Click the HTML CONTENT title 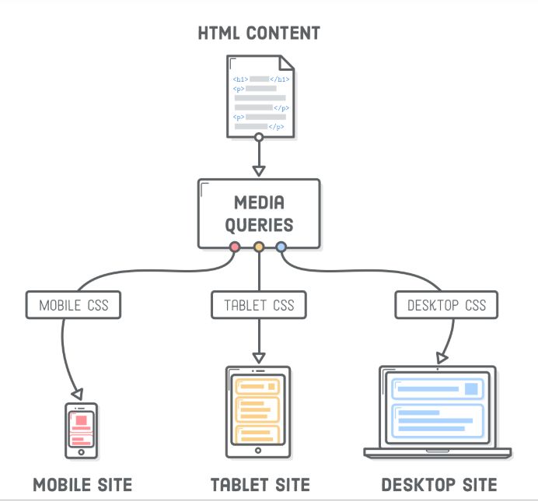tap(259, 33)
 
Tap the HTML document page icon tap(260, 94)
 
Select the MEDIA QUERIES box tap(259, 213)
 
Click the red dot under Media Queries tap(235, 247)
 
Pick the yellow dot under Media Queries tap(259, 247)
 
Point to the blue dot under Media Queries tap(281, 247)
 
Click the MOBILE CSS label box tap(73, 305)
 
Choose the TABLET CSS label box tap(259, 305)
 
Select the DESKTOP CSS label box tap(446, 305)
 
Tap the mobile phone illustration tap(80, 430)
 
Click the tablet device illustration tap(258, 412)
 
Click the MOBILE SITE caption tap(82, 485)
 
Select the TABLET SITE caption tap(260, 485)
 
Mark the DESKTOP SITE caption tap(438, 485)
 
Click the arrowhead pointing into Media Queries tap(259, 170)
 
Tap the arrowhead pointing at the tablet tap(259, 357)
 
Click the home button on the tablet tap(258, 451)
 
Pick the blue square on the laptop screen tap(470, 389)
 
